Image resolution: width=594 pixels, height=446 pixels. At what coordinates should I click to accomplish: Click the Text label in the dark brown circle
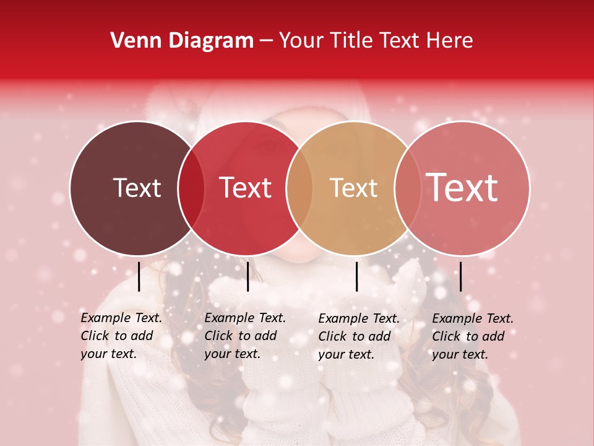pos(137,188)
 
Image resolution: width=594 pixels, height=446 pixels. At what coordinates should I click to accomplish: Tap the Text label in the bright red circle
pos(246,188)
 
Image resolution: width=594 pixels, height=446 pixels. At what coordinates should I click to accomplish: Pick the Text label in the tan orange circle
pos(354,188)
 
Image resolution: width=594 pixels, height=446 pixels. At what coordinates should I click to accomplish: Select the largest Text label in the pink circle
pos(462,187)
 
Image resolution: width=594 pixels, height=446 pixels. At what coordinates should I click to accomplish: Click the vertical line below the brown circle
pos(139,276)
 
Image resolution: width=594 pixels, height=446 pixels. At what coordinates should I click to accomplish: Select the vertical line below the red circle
pos(247,276)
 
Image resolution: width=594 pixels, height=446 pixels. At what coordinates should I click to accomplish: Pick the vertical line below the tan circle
pos(357,276)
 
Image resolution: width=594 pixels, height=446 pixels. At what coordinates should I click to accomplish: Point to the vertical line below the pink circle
pos(460,276)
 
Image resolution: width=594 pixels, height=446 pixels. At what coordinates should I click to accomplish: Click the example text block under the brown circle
pos(121,336)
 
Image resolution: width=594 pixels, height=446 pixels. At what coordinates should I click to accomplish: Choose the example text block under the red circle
pos(245,336)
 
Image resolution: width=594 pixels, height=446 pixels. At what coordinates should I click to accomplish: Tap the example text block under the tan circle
pos(359,336)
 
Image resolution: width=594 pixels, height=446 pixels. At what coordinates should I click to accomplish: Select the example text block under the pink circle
pos(473,336)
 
